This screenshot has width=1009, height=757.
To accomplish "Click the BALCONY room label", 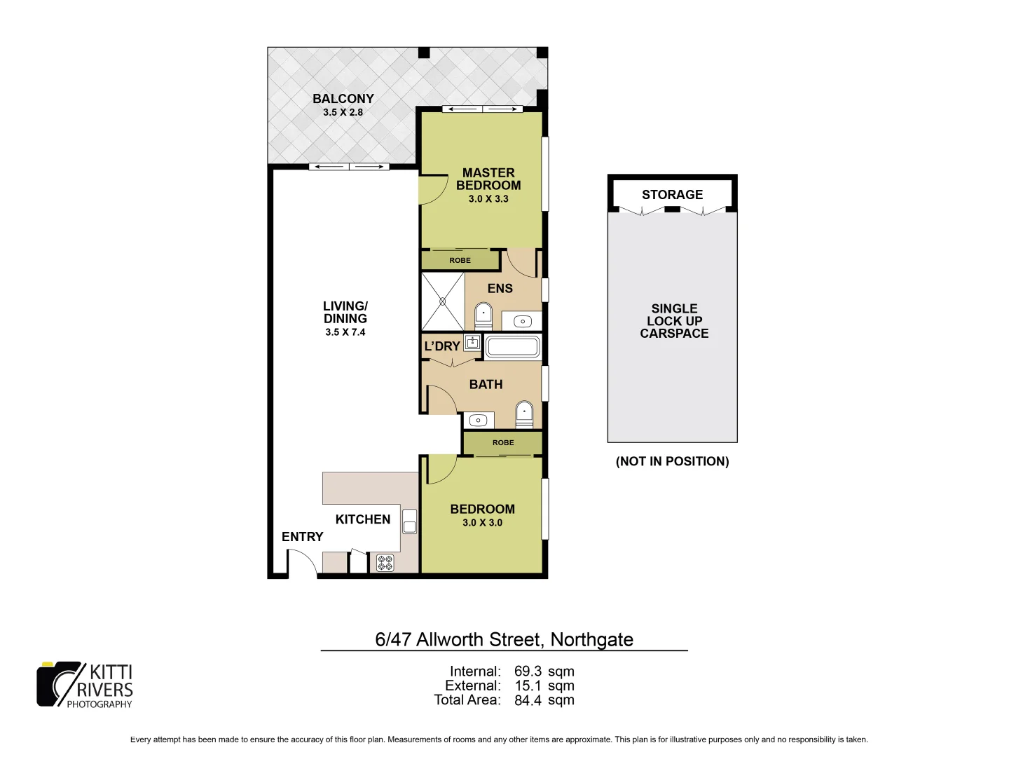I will (343, 99).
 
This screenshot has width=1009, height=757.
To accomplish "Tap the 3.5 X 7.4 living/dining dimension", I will (345, 332).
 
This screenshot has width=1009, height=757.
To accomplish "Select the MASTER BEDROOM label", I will (488, 179).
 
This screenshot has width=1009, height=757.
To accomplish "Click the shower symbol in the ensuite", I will (443, 301).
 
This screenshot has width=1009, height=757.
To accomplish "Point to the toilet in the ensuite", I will (483, 316).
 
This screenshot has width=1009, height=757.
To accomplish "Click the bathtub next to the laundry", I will (512, 347).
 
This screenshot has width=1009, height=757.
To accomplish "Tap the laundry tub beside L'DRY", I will (472, 343).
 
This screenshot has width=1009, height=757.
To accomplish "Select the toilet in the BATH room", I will (524, 414).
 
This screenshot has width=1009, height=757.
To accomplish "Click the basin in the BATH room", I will (479, 421).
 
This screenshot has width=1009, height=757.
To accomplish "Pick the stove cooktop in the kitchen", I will (385, 562).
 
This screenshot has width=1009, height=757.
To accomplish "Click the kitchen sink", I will (410, 521).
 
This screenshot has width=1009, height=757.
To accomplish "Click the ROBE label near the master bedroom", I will (460, 260).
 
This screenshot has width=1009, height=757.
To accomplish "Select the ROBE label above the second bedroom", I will (502, 442).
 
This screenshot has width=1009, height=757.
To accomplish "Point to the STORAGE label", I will (672, 194).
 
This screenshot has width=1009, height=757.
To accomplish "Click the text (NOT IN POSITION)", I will (672, 461).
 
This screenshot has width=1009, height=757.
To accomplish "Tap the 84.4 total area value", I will (528, 700).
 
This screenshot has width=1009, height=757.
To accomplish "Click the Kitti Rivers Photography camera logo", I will (60, 684).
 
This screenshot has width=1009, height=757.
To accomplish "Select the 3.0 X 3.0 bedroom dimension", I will (482, 523).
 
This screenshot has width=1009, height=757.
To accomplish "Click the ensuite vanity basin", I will (523, 322).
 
